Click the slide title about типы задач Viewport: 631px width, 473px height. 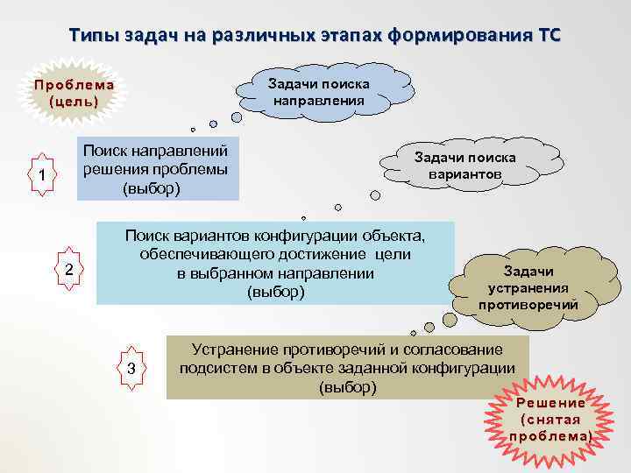click(315, 36)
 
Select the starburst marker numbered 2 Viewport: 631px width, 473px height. click(69, 269)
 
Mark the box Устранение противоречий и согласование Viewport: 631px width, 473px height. click(347, 367)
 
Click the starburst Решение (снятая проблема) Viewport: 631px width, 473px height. click(550, 420)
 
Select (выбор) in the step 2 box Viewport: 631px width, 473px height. click(276, 292)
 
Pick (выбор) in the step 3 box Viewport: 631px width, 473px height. click(348, 386)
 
